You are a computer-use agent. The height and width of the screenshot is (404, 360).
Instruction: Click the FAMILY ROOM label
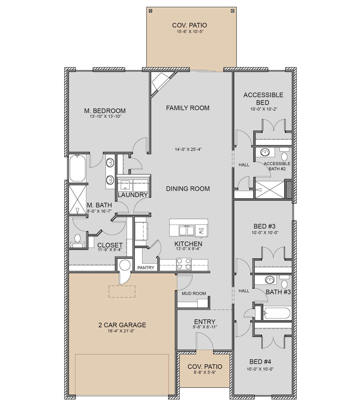pyautogui.click(x=187, y=108)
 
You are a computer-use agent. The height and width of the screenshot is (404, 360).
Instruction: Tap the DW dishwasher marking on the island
pyautogui.click(x=201, y=231)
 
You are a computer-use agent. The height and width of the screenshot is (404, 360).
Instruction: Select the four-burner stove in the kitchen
pyautogui.click(x=184, y=264)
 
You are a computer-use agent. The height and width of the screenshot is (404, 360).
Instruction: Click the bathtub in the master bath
pyautogui.click(x=77, y=168)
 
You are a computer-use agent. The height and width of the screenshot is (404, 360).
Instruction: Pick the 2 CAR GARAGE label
pyautogui.click(x=122, y=325)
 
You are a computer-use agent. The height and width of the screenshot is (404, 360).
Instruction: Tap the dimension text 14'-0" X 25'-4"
pyautogui.click(x=188, y=149)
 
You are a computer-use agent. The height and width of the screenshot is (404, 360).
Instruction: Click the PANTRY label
pyautogui.click(x=146, y=268)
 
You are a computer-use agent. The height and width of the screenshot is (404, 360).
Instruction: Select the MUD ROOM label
pyautogui.click(x=194, y=293)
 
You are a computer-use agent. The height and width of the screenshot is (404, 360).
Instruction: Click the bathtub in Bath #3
pyautogui.click(x=277, y=313)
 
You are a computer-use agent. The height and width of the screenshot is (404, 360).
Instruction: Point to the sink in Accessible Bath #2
pyautogui.click(x=265, y=152)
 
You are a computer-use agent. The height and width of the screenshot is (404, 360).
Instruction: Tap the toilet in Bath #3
pyautogui.click(x=284, y=282)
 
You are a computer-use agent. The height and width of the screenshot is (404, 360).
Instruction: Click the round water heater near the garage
pyautogui.click(x=125, y=265)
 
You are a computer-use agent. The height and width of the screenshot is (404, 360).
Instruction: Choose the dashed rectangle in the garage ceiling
pyautogui.click(x=122, y=291)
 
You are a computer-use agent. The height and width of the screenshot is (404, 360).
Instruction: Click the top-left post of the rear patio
pyautogui.click(x=151, y=11)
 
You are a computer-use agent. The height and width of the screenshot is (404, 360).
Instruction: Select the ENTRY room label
pyautogui.click(x=205, y=322)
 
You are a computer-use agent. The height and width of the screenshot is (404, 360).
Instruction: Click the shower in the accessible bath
pyautogui.click(x=269, y=190)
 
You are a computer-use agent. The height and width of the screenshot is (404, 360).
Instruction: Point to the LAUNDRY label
pyautogui.click(x=133, y=195)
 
